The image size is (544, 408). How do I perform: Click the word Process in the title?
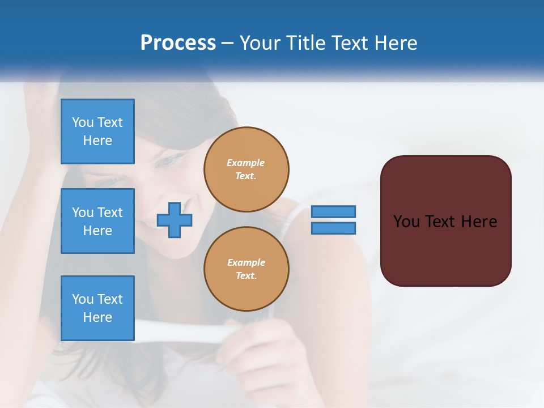(178, 43)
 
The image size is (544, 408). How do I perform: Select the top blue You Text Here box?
(97, 131)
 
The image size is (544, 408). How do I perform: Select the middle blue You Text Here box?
(97, 221)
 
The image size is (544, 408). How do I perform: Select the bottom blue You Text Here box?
(97, 308)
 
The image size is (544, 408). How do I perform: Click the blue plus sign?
(174, 220)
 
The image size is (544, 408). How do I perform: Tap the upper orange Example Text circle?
(246, 169)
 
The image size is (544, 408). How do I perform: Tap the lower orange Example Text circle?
(246, 269)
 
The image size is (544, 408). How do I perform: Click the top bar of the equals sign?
(333, 211)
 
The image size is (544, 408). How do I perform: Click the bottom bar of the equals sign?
(333, 228)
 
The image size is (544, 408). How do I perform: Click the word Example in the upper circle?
(246, 163)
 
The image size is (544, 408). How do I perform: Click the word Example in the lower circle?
(246, 262)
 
